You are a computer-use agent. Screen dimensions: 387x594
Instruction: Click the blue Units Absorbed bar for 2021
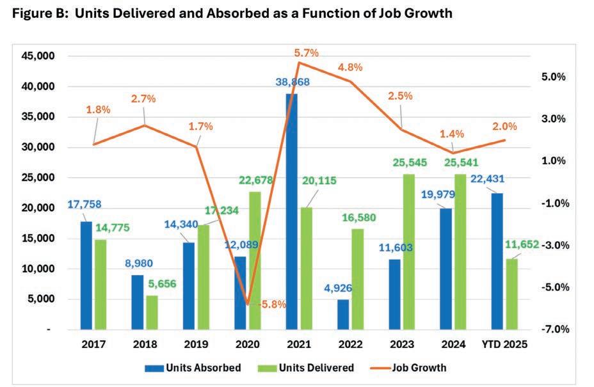click(292, 211)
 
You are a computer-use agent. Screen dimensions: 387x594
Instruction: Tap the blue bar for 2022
click(344, 314)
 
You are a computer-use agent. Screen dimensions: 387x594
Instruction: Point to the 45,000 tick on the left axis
click(40, 56)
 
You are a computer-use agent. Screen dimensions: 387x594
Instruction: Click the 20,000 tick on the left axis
click(40, 208)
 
